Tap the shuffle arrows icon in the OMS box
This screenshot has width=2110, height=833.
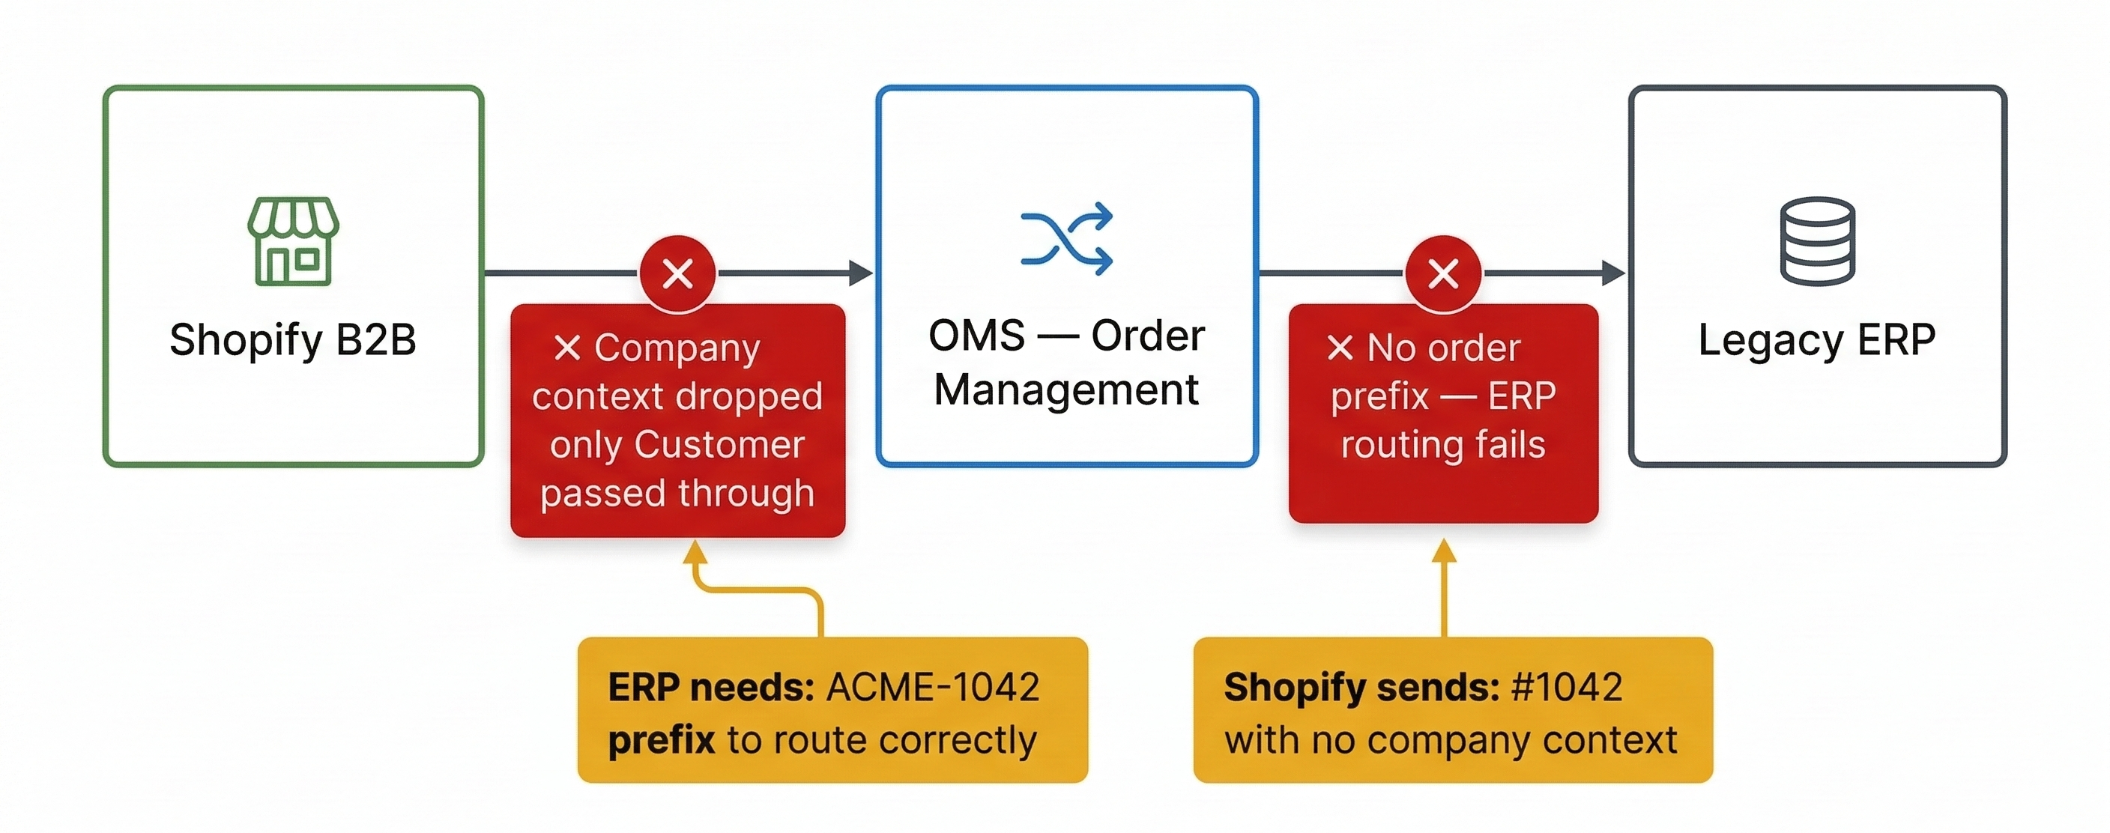coord(1066,238)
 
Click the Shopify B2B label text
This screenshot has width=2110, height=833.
coord(293,340)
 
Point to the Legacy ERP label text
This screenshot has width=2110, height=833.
coord(1817,340)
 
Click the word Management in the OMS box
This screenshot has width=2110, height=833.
coord(1066,389)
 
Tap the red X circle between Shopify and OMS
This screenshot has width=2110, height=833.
coord(677,273)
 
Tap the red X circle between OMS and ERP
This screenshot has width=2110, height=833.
coord(1443,273)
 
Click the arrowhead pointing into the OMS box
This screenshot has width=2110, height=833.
coord(861,273)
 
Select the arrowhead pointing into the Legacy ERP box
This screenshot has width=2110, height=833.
coord(1614,273)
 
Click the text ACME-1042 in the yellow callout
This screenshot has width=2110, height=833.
coord(933,687)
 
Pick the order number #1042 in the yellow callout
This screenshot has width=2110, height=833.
coord(1567,687)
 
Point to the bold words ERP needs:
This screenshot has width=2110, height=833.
coord(711,687)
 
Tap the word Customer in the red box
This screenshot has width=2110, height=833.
coord(719,445)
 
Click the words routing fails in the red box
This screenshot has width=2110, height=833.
coord(1443,445)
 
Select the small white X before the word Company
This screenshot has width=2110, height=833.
coord(566,348)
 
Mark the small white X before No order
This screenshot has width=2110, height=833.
coord(1340,348)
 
